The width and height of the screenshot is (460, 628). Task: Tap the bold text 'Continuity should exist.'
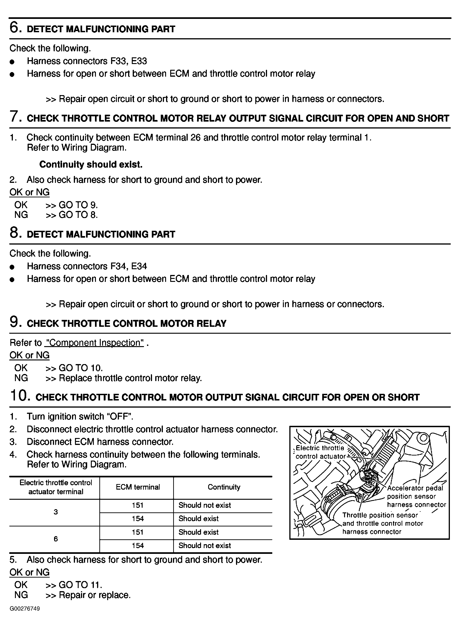[x=91, y=164]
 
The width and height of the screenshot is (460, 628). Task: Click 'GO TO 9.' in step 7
[x=78, y=205]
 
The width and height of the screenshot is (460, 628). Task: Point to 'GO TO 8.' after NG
[x=78, y=215]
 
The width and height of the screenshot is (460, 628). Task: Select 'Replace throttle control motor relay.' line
[x=130, y=378]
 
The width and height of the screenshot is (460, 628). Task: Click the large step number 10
[x=20, y=396]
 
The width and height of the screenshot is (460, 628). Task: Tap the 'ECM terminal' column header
[x=138, y=487]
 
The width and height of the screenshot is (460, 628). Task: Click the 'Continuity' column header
[x=224, y=487]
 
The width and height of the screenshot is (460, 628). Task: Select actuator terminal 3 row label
[x=56, y=512]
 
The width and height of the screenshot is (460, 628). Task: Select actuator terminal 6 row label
[x=56, y=539]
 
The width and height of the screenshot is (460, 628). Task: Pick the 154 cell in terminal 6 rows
[x=138, y=546]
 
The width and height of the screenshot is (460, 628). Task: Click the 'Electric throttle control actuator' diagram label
[x=320, y=452]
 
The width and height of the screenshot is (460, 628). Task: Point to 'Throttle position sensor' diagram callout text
[x=380, y=515]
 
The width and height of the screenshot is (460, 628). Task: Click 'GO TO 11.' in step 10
[x=80, y=584]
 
